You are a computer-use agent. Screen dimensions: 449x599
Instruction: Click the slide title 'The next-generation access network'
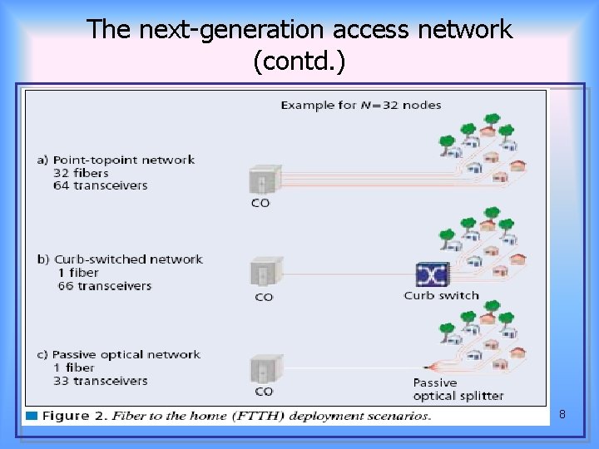pyautogui.click(x=299, y=30)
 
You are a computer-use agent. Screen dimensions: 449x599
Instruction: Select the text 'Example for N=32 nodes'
pyautogui.click(x=360, y=106)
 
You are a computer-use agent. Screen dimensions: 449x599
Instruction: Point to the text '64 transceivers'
pyautogui.click(x=100, y=185)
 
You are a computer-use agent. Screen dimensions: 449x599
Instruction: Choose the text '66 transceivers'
pyautogui.click(x=104, y=285)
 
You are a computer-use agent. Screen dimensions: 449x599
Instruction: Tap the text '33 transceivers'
pyautogui.click(x=100, y=381)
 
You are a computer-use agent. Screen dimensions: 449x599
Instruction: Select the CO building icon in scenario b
pyautogui.click(x=263, y=274)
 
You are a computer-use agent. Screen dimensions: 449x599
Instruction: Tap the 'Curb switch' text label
pyautogui.click(x=441, y=295)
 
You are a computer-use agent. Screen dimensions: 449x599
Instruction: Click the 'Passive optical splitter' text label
pyautogui.click(x=458, y=389)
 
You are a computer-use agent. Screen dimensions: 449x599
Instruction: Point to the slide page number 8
pyautogui.click(x=562, y=413)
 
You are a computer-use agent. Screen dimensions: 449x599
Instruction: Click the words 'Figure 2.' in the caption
pyautogui.click(x=75, y=416)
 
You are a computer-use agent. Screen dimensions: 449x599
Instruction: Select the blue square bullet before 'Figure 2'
pyautogui.click(x=32, y=415)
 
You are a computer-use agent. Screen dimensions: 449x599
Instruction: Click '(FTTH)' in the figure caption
pyautogui.click(x=259, y=416)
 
